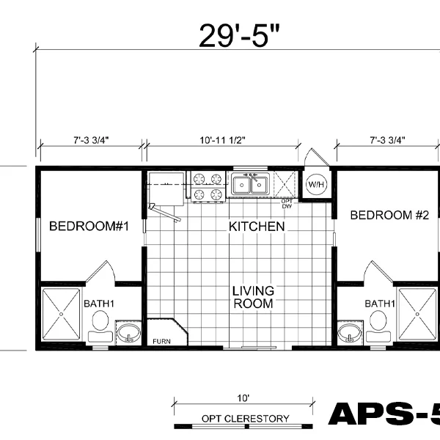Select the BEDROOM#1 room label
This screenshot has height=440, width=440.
click(89, 227)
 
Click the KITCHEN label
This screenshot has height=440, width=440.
click(257, 227)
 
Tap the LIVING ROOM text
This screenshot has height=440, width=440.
click(253, 296)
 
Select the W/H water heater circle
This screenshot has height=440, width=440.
click(316, 184)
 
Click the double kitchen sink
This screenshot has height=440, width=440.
click(251, 185)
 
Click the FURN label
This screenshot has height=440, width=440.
click(161, 341)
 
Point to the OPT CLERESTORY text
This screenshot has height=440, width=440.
click(245, 419)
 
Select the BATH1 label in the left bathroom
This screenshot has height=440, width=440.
click(100, 303)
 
